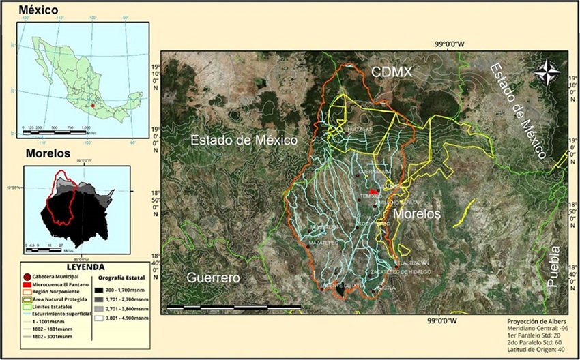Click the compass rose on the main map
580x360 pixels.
(x=547, y=72)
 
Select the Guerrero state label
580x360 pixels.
(x=214, y=278)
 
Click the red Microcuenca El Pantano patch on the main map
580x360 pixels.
(x=374, y=192)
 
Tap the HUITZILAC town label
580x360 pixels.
(x=360, y=128)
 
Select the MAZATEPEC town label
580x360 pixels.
(x=323, y=242)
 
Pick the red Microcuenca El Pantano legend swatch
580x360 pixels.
(x=27, y=284)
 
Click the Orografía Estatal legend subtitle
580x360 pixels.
(x=121, y=279)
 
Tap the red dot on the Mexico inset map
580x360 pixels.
(x=93, y=106)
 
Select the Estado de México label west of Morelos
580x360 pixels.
(x=244, y=141)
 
